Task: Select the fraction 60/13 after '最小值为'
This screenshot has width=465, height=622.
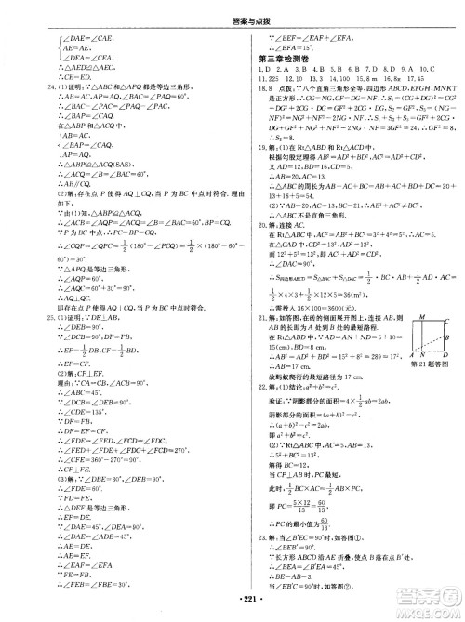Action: coord(331,524)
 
